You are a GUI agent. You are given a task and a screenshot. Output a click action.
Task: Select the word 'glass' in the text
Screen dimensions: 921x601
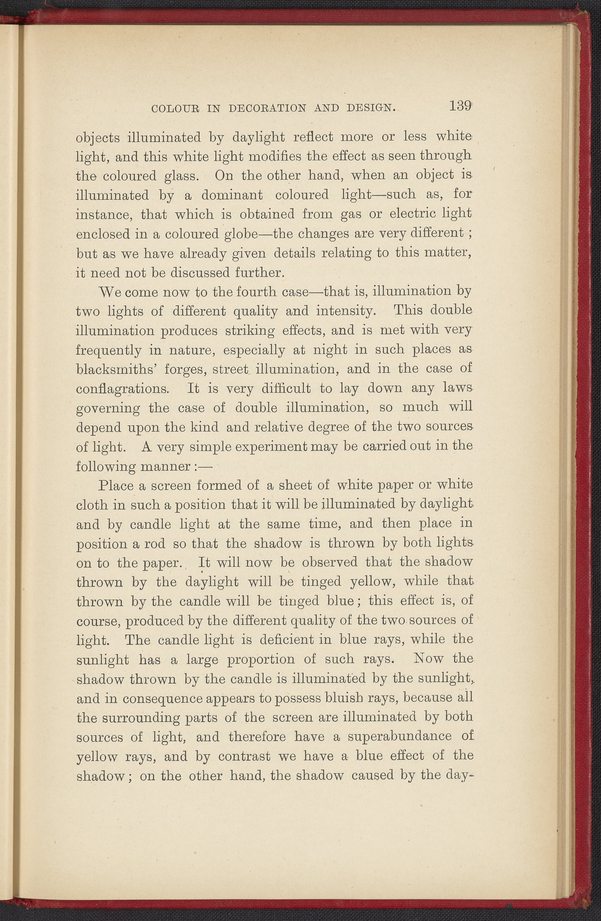pos(181,176)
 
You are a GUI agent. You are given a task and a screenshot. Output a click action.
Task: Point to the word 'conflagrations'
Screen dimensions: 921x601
pos(122,388)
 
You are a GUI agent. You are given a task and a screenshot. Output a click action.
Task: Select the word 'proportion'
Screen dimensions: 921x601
pos(261,660)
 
